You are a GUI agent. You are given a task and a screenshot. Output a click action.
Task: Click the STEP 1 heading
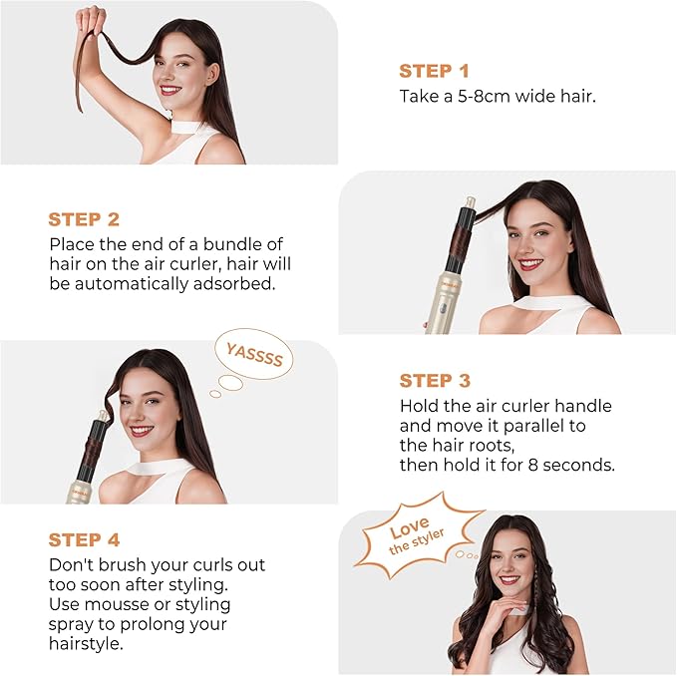[434, 71]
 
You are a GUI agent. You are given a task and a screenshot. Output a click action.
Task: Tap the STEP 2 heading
[84, 219]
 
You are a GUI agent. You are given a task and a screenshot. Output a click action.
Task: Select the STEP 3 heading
[434, 381]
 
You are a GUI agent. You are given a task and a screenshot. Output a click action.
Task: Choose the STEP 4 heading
[84, 539]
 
